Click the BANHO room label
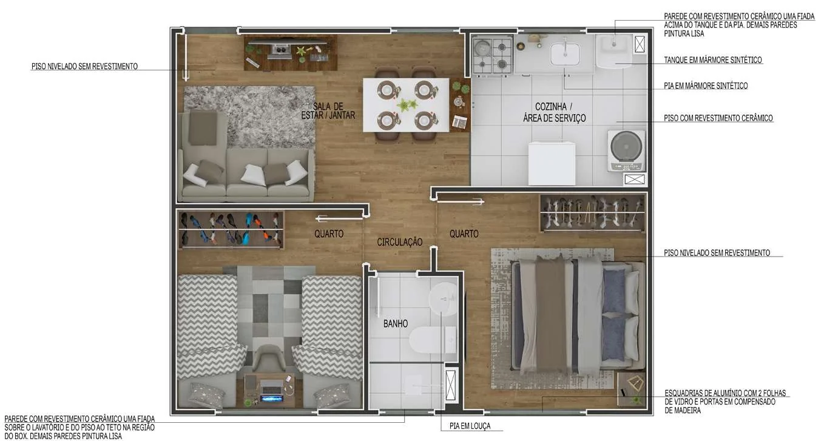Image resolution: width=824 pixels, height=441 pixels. [x=396, y=324]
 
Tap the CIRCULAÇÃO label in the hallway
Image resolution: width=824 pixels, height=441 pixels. [x=399, y=242]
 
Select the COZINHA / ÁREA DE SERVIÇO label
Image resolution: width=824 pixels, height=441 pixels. [x=554, y=112]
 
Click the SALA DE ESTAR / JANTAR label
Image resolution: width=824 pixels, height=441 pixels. [x=328, y=111]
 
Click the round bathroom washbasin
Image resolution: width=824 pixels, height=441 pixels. [x=443, y=299]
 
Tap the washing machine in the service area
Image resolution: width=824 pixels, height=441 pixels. [x=626, y=150]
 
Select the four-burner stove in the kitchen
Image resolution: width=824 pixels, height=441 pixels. [x=492, y=56]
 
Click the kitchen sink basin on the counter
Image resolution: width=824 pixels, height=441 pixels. [x=565, y=54]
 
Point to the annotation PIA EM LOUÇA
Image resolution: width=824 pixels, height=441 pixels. [x=470, y=426]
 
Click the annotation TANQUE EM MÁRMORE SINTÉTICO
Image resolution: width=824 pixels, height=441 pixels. [x=712, y=60]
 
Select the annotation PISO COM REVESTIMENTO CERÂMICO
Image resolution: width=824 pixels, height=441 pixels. [x=718, y=118]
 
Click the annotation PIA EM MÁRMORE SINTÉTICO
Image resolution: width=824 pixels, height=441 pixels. [x=706, y=86]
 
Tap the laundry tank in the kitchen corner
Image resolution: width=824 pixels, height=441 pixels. [x=614, y=51]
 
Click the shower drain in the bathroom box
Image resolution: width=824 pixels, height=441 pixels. [x=413, y=385]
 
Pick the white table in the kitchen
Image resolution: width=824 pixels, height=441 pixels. [x=552, y=163]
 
